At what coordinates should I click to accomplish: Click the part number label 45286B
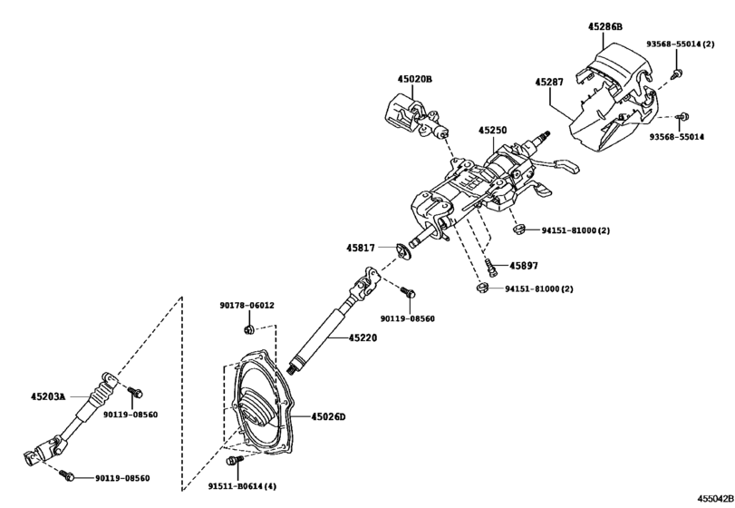click(606, 27)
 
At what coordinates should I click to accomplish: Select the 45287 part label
click(550, 83)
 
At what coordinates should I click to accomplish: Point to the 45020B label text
click(414, 80)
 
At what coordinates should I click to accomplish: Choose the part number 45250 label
click(493, 131)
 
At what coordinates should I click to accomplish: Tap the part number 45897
click(523, 266)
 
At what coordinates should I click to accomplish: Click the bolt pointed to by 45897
click(489, 266)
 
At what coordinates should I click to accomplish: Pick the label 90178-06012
click(247, 306)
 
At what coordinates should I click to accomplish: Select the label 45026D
click(329, 416)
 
